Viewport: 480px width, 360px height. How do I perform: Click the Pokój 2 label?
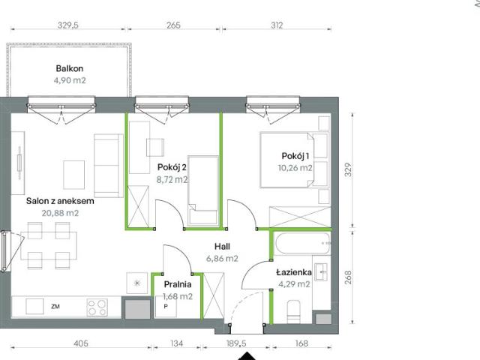coord(172,167)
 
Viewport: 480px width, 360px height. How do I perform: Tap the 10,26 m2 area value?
coord(295,168)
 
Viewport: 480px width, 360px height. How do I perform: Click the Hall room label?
coord(221,246)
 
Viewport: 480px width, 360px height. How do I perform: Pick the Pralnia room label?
coord(178,284)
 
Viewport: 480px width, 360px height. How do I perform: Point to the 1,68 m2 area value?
coord(178,296)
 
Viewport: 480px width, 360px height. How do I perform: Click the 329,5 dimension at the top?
coord(69,25)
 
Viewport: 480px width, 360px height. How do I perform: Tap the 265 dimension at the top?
coord(173,25)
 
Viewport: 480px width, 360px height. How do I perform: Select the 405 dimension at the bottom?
coord(82,344)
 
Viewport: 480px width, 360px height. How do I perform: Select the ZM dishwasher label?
coord(55,307)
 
